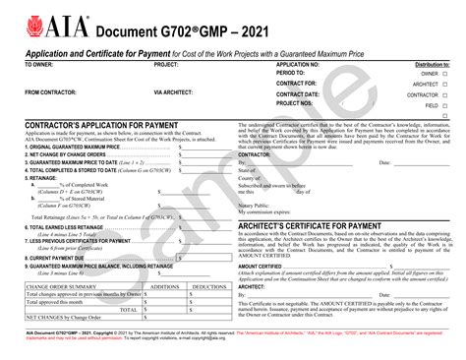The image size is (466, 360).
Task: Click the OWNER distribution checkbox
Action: (444, 73)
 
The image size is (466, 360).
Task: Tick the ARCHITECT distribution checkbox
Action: (444, 84)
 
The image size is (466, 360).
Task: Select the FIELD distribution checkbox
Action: (444, 103)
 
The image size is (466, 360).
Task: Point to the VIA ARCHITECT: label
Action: (177, 92)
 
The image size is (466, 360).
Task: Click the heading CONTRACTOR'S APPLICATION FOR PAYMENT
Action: (98, 125)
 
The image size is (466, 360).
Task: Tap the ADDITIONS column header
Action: (155, 286)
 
